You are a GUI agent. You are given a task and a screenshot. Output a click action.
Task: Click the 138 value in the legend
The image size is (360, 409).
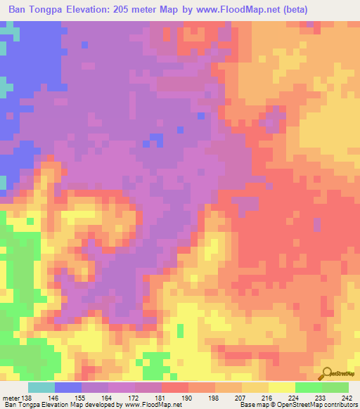[x=27, y=397]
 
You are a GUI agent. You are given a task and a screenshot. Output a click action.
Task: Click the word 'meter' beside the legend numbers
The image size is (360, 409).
[x=11, y=397]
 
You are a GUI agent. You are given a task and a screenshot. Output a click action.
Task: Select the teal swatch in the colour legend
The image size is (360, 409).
[x=41, y=387]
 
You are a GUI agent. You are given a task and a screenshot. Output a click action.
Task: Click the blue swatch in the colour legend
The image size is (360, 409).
[x=68, y=387]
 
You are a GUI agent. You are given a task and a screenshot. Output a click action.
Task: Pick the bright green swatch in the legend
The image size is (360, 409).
[x=309, y=387]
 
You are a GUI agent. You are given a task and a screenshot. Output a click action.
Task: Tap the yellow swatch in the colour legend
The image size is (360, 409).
[x=282, y=387]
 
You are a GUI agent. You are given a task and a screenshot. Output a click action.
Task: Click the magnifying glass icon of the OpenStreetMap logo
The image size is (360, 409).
[x=326, y=372]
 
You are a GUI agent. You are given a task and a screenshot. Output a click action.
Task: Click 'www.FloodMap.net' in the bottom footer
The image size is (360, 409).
[x=149, y=405]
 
